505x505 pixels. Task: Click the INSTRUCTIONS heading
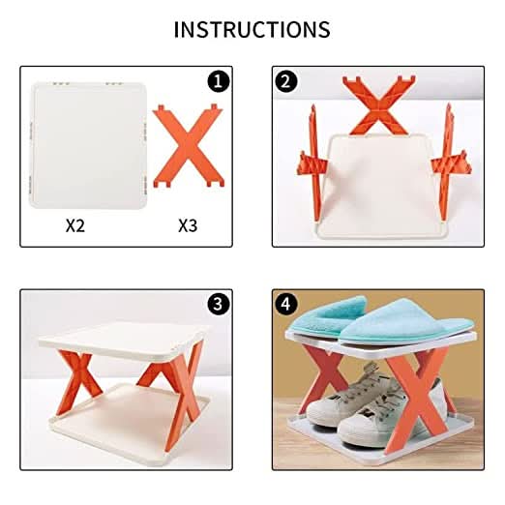(252, 29)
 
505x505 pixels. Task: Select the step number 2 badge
(285, 82)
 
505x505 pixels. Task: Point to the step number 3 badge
(219, 304)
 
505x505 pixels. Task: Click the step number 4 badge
(285, 304)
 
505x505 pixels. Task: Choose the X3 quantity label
(190, 225)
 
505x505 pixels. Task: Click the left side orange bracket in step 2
(312, 155)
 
